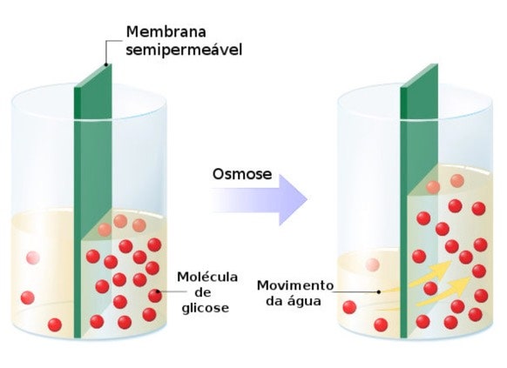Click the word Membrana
[x=166, y=32]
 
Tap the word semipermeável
[x=184, y=50]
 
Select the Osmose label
[x=242, y=174]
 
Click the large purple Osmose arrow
[x=259, y=200]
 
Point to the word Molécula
[x=207, y=277]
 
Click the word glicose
[x=206, y=308]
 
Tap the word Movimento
[x=295, y=285]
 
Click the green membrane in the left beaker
[x=93, y=200]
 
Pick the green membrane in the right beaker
[x=419, y=200]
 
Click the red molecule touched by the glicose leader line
[x=155, y=296]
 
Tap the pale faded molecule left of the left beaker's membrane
[x=33, y=258]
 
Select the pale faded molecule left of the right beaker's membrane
[x=373, y=265]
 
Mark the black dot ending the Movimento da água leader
[x=379, y=291]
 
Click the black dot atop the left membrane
[x=105, y=64]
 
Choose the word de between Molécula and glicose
[x=204, y=292]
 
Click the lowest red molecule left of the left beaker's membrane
[x=55, y=325]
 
